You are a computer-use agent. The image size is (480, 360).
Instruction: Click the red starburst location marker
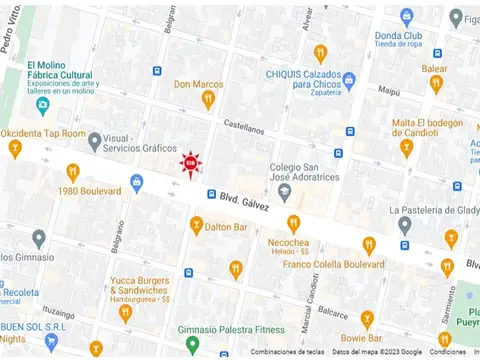[x=189, y=162]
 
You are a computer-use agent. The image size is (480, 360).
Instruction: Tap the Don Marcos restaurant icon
[x=208, y=99]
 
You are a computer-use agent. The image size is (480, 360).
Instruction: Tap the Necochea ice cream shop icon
[x=293, y=223]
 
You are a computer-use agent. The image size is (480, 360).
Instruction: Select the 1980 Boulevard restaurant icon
[x=73, y=173]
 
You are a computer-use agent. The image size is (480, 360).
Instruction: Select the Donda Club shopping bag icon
[x=407, y=16]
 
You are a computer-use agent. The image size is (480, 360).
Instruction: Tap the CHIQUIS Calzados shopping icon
[x=348, y=80]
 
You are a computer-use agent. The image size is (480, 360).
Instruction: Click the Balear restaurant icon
[x=435, y=84]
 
